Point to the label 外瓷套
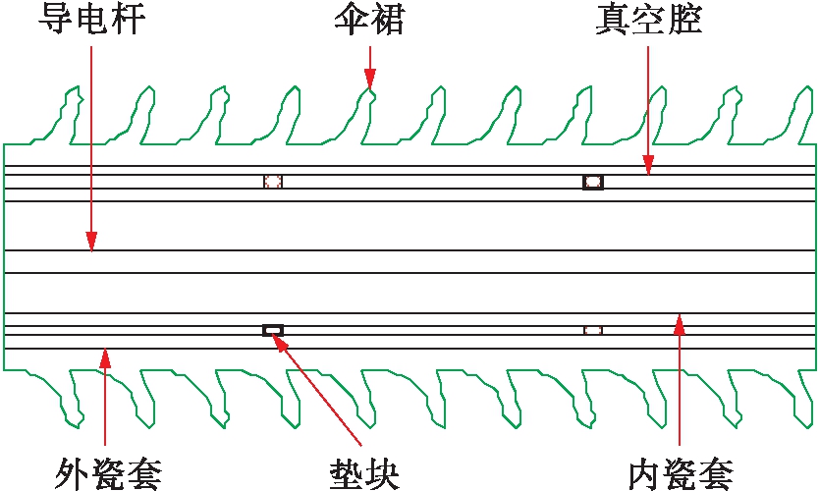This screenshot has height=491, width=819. [x=107, y=473]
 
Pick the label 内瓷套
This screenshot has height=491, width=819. [x=681, y=473]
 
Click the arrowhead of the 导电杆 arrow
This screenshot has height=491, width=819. [x=91, y=242]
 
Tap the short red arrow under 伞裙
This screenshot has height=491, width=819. [x=370, y=69]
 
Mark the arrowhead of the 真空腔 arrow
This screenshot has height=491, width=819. [x=648, y=169]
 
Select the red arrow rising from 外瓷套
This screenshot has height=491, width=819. [x=106, y=403]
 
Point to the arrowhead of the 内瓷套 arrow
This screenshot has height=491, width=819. [x=680, y=318]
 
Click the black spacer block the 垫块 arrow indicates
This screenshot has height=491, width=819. [x=273, y=330]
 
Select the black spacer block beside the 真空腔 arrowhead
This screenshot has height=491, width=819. [x=592, y=182]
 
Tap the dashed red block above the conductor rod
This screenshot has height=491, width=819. [x=273, y=181]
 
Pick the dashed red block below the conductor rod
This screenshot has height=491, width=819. [x=592, y=330]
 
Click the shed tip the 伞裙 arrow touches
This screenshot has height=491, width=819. [x=370, y=91]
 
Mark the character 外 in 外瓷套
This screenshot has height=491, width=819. [x=71, y=473]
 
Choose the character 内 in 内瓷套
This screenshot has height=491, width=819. [x=644, y=473]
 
